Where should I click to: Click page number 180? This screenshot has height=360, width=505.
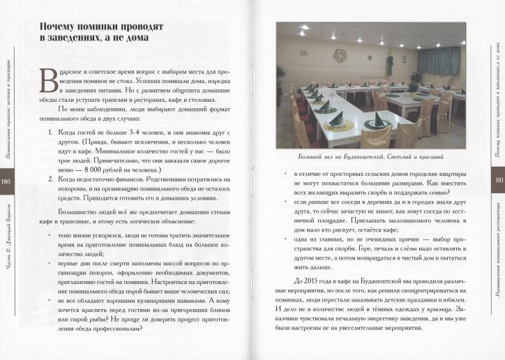click(x=6, y=182)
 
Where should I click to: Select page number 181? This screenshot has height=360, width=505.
click(x=499, y=179)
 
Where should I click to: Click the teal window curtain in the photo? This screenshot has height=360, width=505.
click(x=439, y=61)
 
